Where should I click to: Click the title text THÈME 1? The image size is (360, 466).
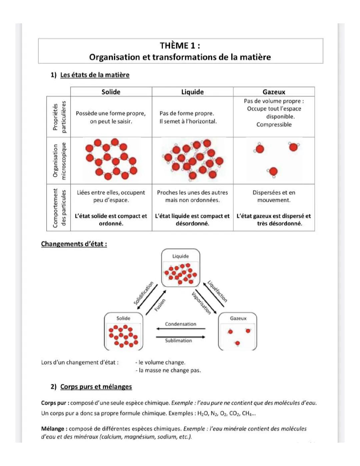[180, 45]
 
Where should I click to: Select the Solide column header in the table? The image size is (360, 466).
[111, 92]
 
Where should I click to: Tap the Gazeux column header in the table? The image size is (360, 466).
[274, 92]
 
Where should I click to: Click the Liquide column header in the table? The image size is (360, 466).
[192, 92]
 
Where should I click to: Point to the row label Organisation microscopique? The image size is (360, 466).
[59, 161]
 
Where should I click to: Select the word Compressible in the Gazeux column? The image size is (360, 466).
[274, 124]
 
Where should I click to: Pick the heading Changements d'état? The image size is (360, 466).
[74, 244]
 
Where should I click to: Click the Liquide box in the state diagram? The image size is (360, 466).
[180, 268]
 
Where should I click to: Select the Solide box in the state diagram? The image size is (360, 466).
[123, 331]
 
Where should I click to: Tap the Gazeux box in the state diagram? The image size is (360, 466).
[238, 331]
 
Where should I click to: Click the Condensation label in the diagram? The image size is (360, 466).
[180, 324]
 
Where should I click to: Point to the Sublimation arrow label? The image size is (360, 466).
[178, 341]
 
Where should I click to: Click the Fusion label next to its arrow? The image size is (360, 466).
[160, 305]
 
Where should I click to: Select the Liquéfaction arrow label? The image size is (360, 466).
[217, 291]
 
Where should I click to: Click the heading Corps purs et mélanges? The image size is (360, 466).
[96, 387]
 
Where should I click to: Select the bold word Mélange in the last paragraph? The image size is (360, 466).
[53, 429]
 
